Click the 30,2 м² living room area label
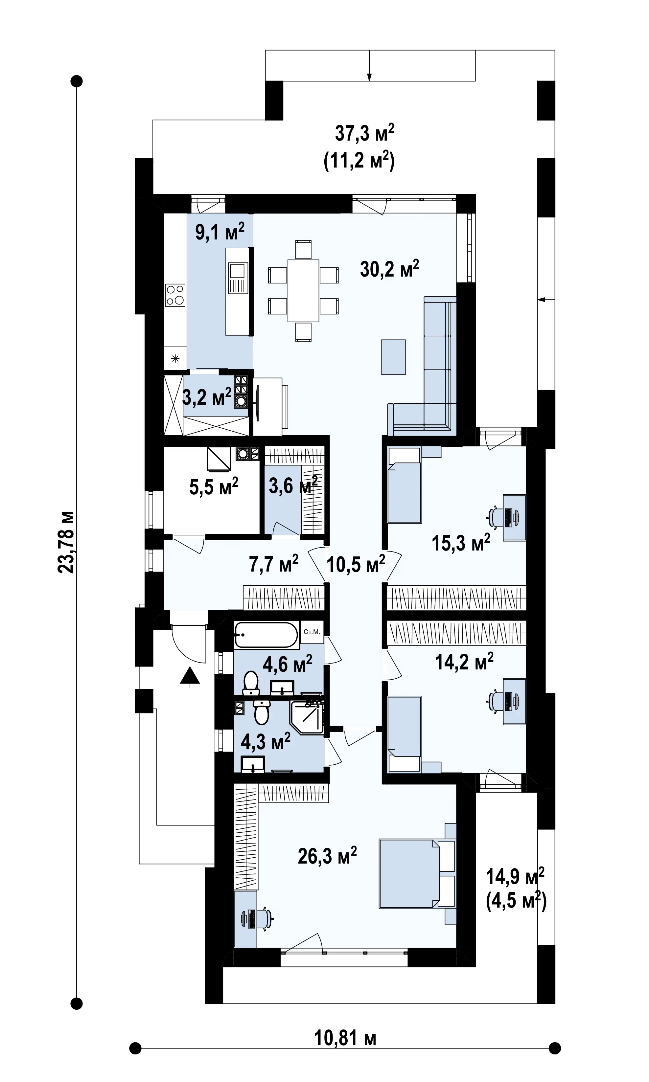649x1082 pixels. coord(389,268)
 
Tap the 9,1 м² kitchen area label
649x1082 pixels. coord(220,231)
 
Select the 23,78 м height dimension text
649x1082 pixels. coord(66,542)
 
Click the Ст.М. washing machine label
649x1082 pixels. coord(312,632)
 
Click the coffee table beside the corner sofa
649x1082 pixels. coord(393,357)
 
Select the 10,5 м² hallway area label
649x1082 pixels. coord(356,564)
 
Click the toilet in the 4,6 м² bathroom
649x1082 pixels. coord(251,685)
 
